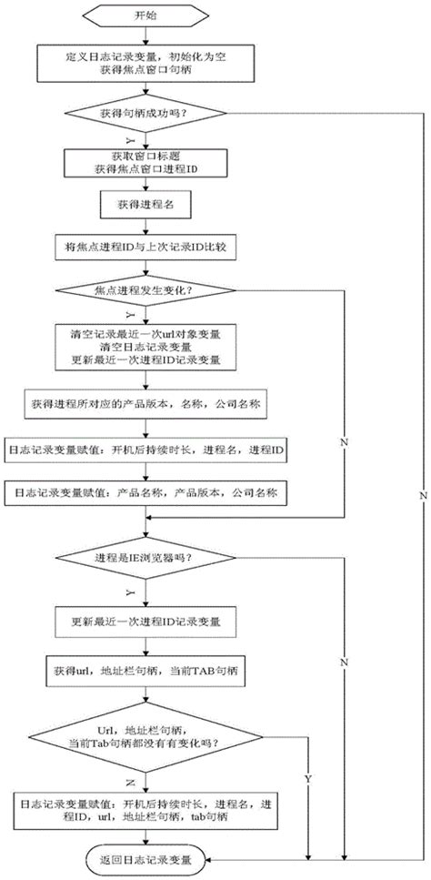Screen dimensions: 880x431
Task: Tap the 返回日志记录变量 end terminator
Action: click(149, 858)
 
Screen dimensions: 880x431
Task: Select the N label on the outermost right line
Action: click(424, 494)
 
